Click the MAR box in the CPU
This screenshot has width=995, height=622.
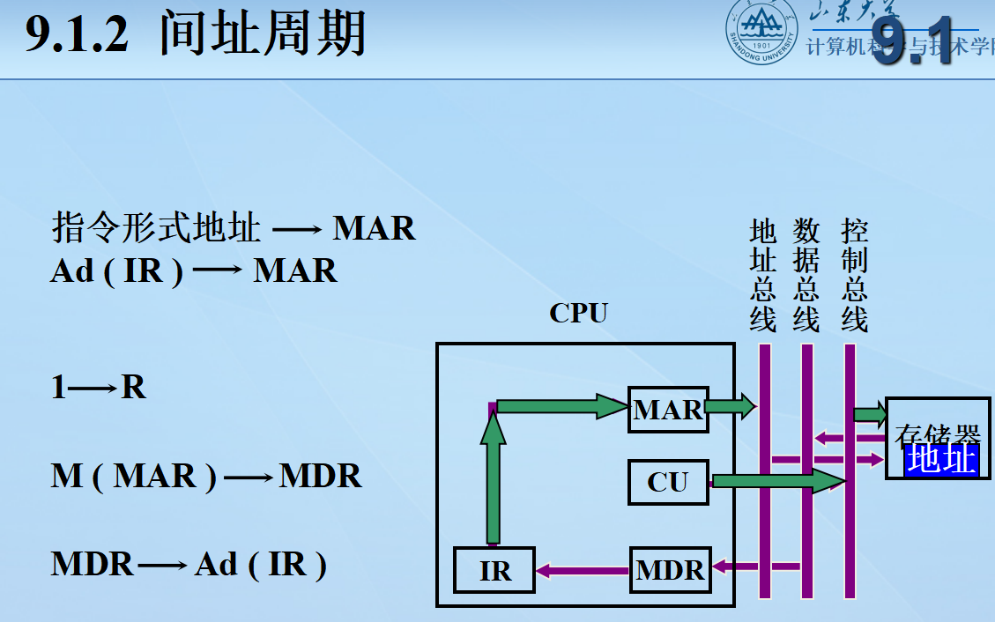(668, 409)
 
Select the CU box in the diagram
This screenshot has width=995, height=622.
(668, 482)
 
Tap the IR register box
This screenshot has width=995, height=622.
(495, 571)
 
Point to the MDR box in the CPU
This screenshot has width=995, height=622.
(671, 570)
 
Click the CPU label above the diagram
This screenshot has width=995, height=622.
(578, 313)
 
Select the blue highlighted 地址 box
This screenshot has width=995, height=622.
(941, 459)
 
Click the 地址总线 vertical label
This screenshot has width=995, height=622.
(763, 276)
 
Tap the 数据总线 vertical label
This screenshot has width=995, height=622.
(806, 276)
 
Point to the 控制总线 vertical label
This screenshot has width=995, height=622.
(854, 276)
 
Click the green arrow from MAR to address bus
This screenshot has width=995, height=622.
(731, 406)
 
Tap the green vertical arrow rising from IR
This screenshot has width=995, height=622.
(494, 480)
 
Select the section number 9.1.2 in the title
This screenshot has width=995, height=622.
(78, 37)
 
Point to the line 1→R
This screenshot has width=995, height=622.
(99, 387)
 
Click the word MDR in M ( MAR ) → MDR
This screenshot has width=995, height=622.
(320, 477)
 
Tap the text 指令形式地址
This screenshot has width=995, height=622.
(157, 228)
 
